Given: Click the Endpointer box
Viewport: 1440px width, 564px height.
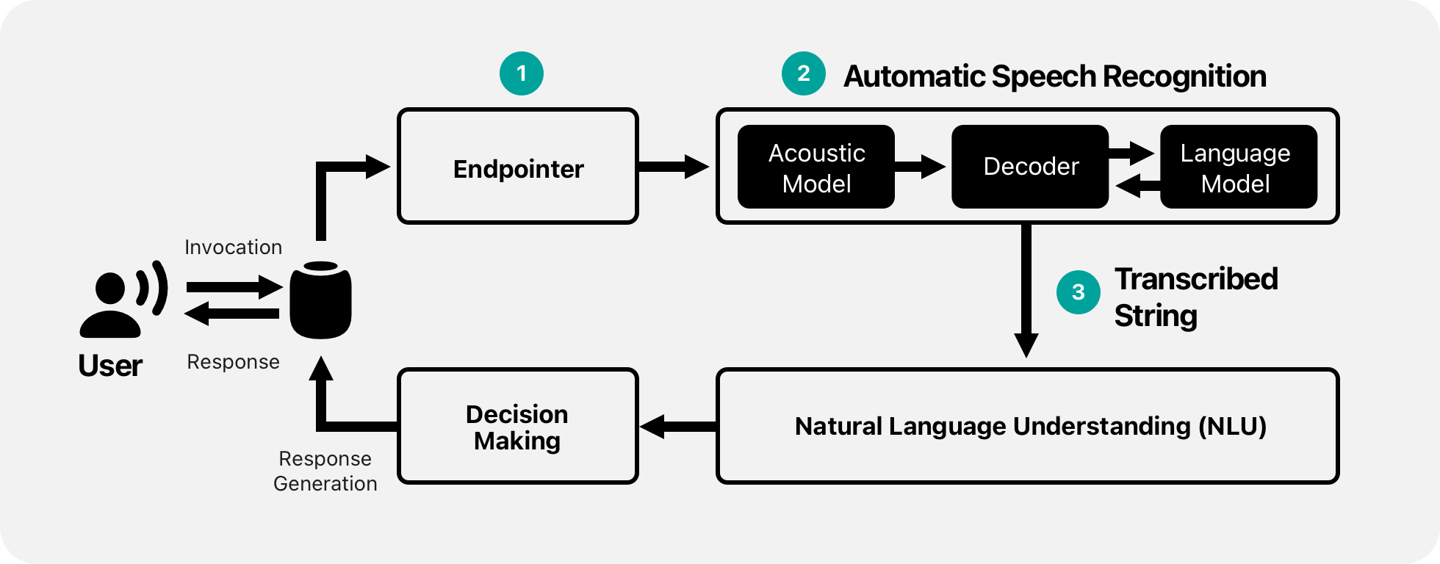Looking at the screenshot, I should [518, 167].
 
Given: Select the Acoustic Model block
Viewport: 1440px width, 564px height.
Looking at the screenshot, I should [816, 167].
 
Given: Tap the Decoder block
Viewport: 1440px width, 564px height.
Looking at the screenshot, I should [1030, 167].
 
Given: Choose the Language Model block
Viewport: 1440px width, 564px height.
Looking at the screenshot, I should [1238, 167].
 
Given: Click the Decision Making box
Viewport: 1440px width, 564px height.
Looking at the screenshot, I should [518, 427].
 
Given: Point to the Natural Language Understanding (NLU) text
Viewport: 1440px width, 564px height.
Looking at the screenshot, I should [1030, 427].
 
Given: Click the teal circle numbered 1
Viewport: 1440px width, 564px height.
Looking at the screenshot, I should [522, 73].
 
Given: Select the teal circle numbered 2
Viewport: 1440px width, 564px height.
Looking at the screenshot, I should [804, 73].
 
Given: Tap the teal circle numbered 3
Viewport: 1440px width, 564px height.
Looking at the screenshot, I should [1078, 292].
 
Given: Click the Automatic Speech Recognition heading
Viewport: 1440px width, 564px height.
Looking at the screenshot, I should [1055, 76].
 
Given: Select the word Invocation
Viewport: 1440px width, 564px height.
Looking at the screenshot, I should [233, 247].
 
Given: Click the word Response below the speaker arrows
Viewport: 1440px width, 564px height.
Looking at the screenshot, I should [233, 362].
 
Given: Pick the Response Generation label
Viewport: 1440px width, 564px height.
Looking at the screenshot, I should [325, 471].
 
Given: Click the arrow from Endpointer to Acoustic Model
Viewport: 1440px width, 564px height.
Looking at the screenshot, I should [673, 167].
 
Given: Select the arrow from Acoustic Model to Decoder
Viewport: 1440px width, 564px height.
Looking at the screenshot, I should [920, 167].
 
